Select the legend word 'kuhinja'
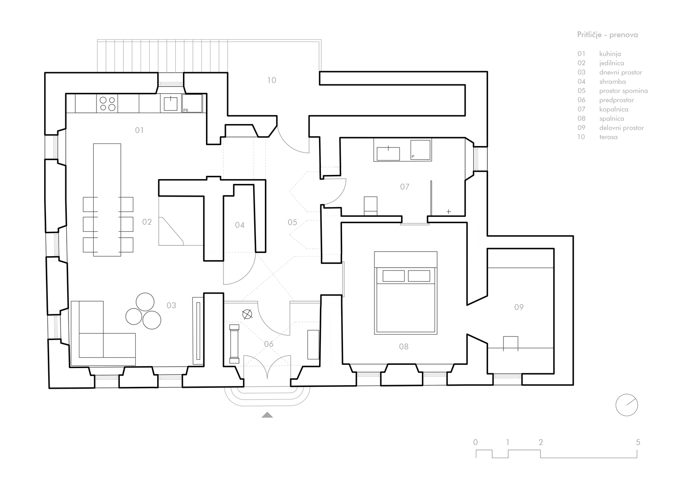[610, 54]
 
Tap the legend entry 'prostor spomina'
[623, 91]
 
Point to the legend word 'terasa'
[608, 137]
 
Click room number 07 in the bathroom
[405, 187]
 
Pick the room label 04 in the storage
[240, 225]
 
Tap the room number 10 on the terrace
[272, 80]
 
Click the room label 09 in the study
[519, 307]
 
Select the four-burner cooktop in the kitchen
[107, 104]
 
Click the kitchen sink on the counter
[170, 104]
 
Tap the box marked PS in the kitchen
[192, 103]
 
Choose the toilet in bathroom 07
[370, 206]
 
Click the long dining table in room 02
[107, 200]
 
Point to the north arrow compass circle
[627, 405]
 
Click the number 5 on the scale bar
[638, 442]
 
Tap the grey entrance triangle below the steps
[267, 415]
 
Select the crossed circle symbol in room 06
[247, 314]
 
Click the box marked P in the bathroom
[420, 150]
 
